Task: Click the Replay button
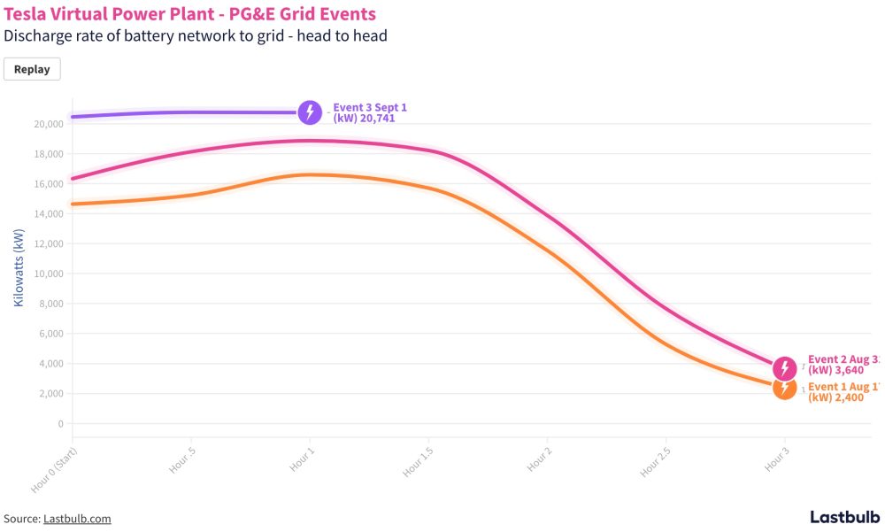(32, 69)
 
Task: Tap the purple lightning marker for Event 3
(310, 112)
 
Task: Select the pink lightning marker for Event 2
(784, 368)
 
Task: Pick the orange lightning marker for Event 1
(784, 388)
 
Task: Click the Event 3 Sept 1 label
(370, 107)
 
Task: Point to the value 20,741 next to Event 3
(375, 118)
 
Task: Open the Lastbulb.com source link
(77, 519)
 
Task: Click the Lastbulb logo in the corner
(844, 517)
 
